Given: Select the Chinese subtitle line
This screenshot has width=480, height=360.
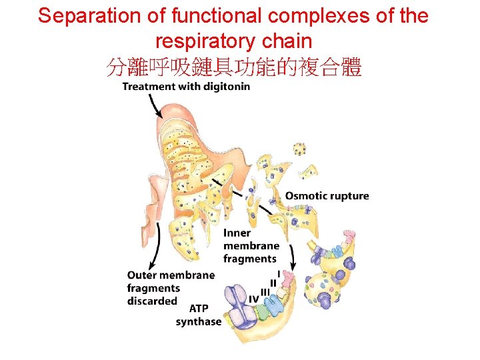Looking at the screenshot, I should click(x=234, y=67).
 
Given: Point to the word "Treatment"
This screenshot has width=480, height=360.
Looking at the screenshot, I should click(x=148, y=86).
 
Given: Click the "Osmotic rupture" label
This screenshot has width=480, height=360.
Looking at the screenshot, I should click(x=327, y=195).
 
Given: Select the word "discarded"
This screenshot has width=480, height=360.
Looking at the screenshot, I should click(x=152, y=301).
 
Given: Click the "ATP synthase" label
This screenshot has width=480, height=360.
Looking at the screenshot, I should click(x=199, y=315).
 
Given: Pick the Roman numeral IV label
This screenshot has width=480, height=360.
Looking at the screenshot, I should click(x=253, y=298).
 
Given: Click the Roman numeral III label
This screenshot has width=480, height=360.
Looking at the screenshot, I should click(x=265, y=291).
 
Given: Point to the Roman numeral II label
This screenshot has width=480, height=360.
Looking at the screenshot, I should click(x=273, y=283).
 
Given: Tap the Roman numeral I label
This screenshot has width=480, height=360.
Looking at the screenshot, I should click(x=279, y=273).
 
